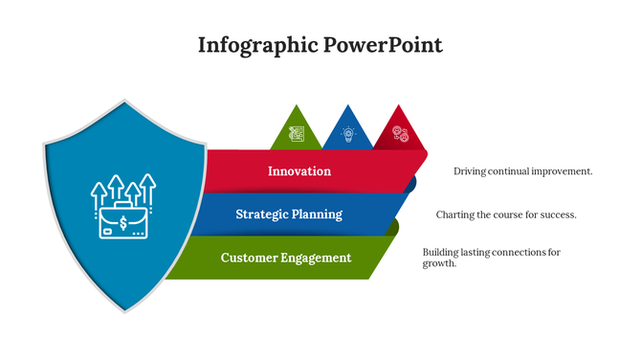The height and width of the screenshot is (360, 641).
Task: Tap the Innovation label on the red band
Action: [298, 171]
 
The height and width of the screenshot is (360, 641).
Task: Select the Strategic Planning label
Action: [289, 214]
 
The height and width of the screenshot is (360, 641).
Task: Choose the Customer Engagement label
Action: [285, 258]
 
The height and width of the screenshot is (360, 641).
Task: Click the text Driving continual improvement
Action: [522, 171]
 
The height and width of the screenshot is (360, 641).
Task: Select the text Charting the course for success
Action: [506, 214]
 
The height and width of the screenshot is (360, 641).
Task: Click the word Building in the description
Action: [441, 253]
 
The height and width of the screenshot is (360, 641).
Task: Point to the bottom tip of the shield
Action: [125, 310]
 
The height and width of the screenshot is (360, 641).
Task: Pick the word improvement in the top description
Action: [560, 171]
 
